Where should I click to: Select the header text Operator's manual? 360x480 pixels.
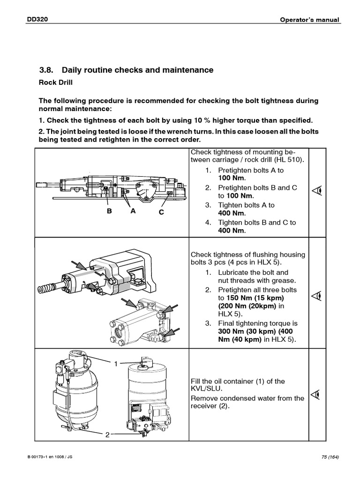[310, 20]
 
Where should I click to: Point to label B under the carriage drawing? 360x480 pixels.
[109, 211]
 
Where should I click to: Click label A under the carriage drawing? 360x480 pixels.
[133, 211]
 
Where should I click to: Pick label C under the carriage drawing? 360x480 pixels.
[161, 212]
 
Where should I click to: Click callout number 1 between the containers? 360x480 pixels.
[113, 363]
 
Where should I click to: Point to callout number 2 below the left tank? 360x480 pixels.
[107, 435]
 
